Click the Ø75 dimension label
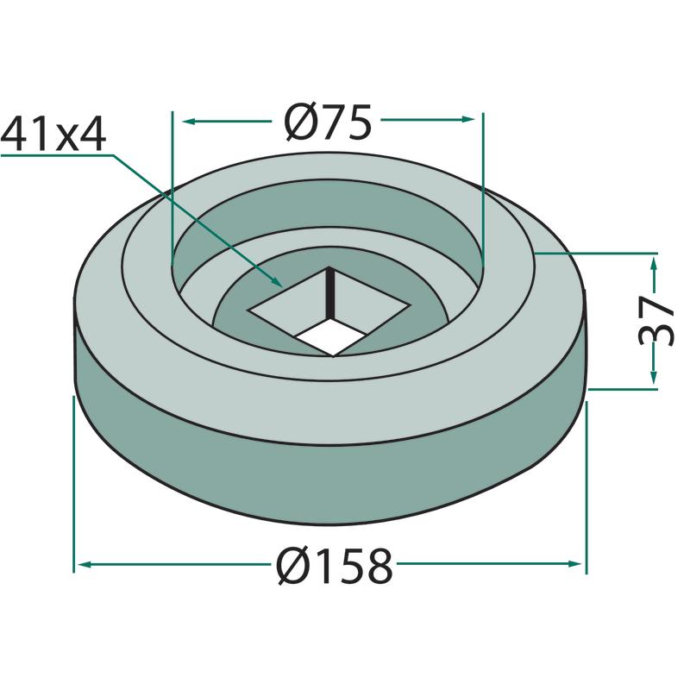click(328, 122)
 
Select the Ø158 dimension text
click(334, 566)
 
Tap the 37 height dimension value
click(655, 321)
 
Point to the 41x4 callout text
click(53, 135)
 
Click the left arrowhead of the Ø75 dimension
click(189, 121)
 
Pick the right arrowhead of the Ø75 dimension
click(467, 119)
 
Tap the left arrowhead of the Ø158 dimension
click(85, 564)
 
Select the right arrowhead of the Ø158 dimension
click(574, 564)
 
